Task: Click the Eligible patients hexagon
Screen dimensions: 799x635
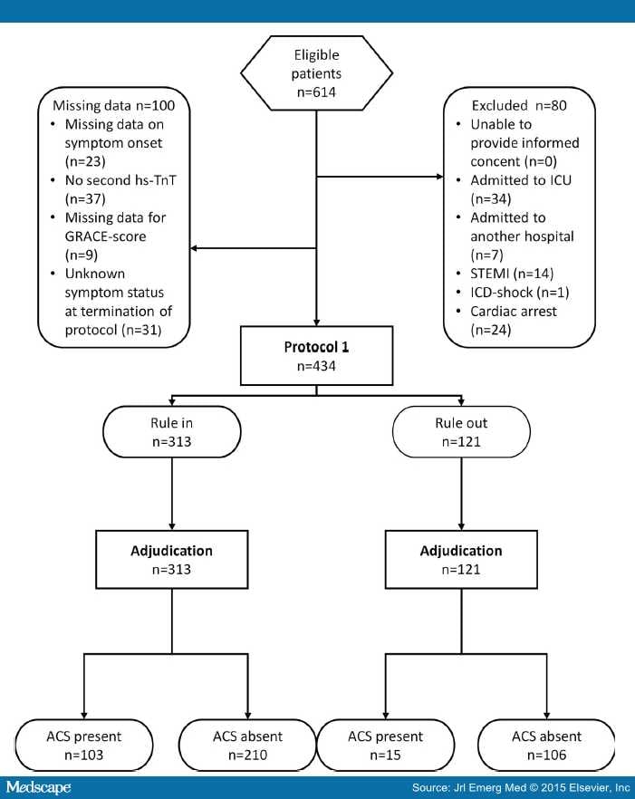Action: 316,72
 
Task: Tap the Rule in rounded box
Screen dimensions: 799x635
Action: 171,431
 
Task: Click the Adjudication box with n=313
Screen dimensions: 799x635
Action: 171,559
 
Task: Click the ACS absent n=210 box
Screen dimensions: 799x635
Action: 244,746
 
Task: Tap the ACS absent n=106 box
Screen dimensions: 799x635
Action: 547,746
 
